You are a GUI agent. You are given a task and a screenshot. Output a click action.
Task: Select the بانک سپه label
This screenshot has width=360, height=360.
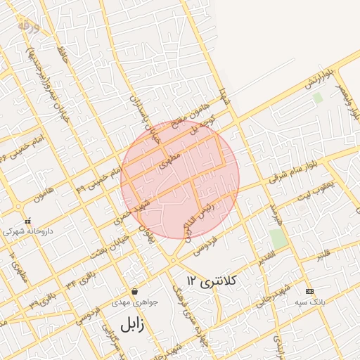tap(309, 303)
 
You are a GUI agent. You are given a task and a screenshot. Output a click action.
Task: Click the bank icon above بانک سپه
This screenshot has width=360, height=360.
tap(309, 291)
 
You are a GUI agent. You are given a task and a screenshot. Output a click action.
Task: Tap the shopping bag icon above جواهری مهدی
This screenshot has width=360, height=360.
tap(134, 291)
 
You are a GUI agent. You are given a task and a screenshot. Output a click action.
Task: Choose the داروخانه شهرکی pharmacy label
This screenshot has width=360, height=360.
tap(27, 231)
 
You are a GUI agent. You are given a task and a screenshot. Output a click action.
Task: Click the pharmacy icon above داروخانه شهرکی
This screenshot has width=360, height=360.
tap(27, 220)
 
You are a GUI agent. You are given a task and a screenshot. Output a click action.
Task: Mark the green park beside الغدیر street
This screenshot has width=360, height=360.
tap(278, 238)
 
